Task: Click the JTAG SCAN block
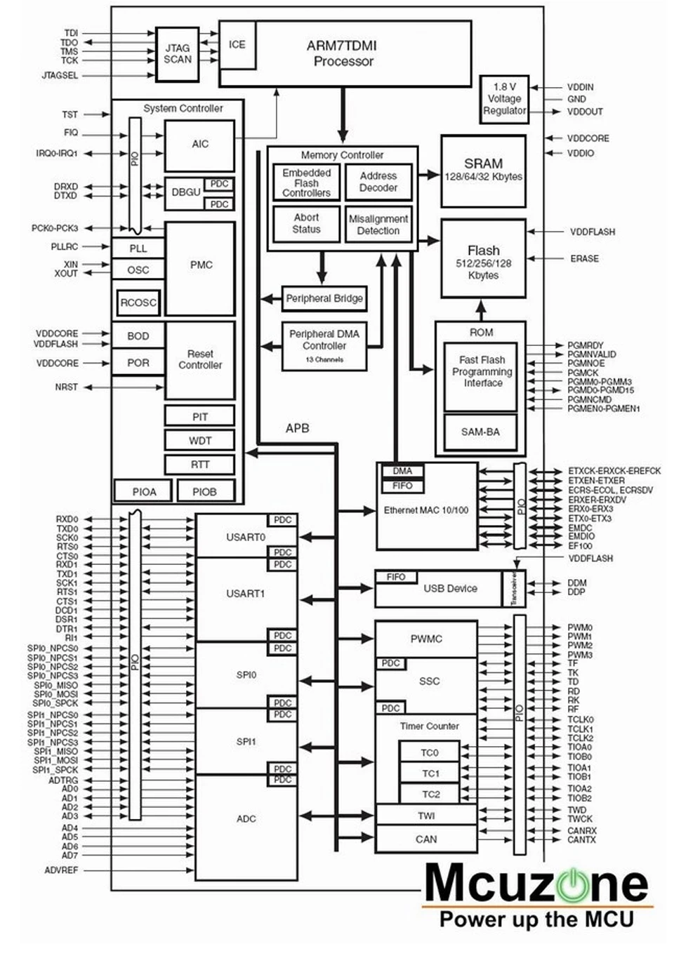point(177,54)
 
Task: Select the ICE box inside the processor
point(237,45)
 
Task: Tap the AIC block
point(199,145)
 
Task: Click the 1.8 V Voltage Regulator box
point(504,100)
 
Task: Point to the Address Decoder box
point(378,182)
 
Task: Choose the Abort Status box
point(306,224)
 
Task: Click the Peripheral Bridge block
point(324,298)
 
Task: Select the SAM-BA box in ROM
point(480,432)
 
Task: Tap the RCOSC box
point(138,302)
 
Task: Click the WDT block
point(200,441)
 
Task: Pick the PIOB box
point(206,491)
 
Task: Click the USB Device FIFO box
point(396,577)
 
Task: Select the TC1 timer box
point(430,773)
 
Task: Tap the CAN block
point(426,839)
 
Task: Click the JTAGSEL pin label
point(60,76)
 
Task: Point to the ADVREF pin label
point(61,870)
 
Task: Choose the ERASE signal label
point(585,259)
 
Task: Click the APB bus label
point(298,428)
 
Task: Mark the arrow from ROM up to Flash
point(482,310)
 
